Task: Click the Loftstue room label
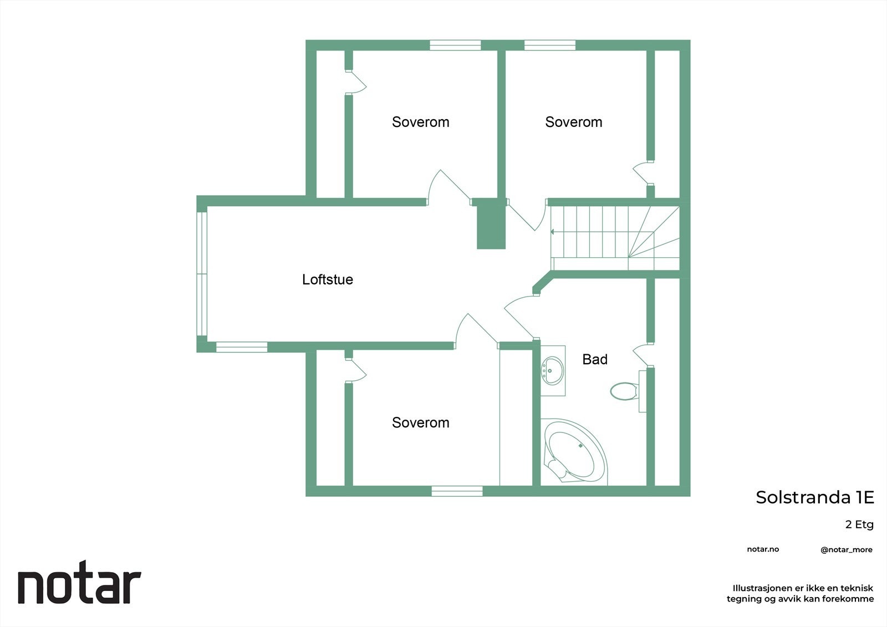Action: click(x=327, y=279)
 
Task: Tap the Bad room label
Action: click(x=594, y=359)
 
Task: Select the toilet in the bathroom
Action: click(x=624, y=391)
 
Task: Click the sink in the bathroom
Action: click(x=552, y=370)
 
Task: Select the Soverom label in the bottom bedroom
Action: click(x=420, y=422)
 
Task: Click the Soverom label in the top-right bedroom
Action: click(x=573, y=122)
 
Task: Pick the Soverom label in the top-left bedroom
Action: click(x=420, y=122)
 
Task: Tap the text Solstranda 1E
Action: click(x=814, y=497)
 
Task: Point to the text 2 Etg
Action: click(x=859, y=524)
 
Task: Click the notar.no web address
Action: click(x=763, y=549)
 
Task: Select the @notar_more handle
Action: click(x=846, y=550)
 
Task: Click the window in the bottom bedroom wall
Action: click(x=457, y=491)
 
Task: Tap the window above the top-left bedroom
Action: click(x=455, y=45)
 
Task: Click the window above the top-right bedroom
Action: click(x=549, y=45)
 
